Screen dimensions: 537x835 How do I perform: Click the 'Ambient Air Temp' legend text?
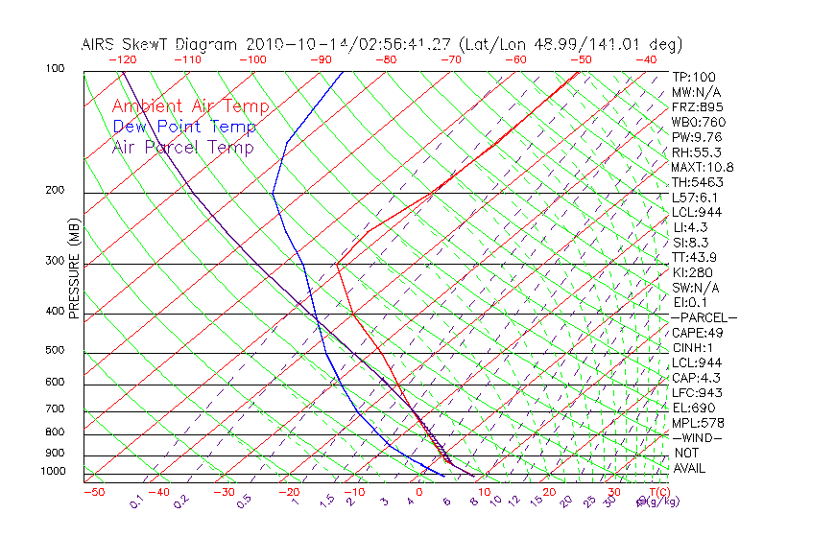pos(191,106)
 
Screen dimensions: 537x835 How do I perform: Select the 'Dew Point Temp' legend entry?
pos(184,127)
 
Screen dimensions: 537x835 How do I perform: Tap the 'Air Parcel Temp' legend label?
pos(183,147)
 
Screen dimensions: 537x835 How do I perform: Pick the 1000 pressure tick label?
pos(52,471)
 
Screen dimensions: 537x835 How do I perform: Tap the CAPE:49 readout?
pos(697,333)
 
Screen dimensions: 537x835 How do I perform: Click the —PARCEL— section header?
pos(704,317)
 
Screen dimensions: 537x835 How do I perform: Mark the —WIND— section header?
pos(698,437)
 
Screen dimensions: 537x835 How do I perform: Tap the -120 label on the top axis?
pos(122,59)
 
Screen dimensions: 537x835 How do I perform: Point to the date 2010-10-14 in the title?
pos(292,44)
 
